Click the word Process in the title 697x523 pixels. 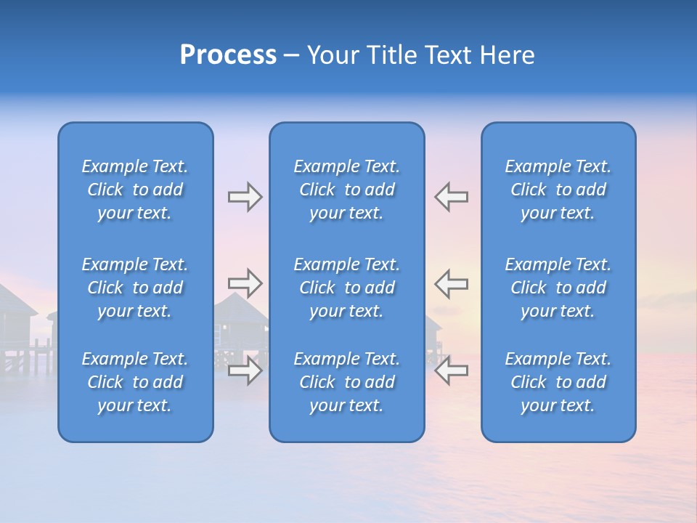click(228, 55)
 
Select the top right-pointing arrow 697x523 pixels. click(245, 197)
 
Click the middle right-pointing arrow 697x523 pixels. click(245, 283)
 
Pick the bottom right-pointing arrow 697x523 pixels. click(245, 370)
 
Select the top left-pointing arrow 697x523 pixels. click(451, 197)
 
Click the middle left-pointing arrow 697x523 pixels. click(451, 283)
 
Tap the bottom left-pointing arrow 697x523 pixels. click(451, 370)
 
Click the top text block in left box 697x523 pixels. click(135, 190)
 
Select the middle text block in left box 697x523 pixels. click(135, 288)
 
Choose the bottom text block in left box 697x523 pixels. click(135, 382)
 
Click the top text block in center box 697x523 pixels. click(347, 190)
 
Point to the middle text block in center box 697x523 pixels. click(347, 288)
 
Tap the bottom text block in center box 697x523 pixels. click(347, 382)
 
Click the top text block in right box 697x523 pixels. click(558, 190)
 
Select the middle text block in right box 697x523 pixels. click(558, 288)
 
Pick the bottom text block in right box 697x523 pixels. click(558, 382)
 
